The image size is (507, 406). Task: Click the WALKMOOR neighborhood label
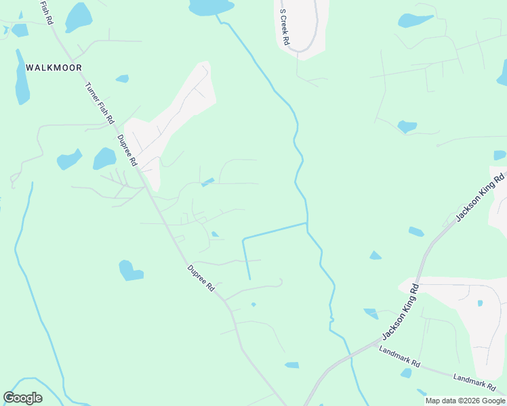click(54, 68)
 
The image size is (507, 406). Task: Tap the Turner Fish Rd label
click(100, 103)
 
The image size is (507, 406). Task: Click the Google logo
click(22, 398)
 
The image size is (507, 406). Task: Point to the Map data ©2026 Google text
click(465, 401)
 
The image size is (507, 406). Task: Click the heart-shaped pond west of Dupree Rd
click(129, 271)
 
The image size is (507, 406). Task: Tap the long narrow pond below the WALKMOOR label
click(22, 78)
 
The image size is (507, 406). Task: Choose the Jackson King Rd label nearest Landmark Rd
click(401, 312)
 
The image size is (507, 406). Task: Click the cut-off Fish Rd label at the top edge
click(47, 13)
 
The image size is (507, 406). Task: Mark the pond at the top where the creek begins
click(211, 7)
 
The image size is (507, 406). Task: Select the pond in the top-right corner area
click(415, 20)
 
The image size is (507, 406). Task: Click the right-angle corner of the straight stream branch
click(243, 239)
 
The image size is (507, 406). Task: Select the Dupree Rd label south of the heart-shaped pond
click(201, 278)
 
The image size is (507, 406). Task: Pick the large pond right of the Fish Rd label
click(78, 16)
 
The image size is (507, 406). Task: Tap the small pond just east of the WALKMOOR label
click(123, 78)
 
